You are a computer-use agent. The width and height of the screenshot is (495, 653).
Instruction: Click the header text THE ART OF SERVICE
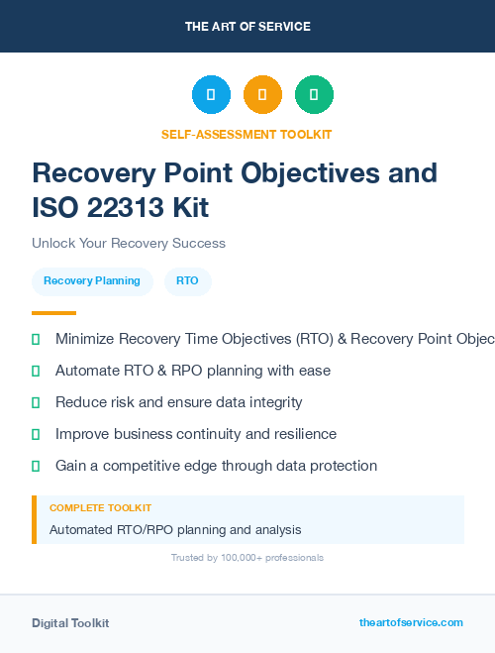247,27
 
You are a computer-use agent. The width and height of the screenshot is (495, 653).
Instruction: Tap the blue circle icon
211,95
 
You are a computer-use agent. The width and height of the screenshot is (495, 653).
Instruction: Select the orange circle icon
262,95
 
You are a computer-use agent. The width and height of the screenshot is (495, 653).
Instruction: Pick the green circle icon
314,95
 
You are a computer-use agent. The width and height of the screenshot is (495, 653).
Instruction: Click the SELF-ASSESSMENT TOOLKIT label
247,134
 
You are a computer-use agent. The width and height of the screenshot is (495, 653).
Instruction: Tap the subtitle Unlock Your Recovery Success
129,243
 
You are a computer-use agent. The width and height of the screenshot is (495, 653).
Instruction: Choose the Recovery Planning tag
92,281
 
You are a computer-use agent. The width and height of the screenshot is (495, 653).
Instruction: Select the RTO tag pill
187,281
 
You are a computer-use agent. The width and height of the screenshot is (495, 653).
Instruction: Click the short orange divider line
53,313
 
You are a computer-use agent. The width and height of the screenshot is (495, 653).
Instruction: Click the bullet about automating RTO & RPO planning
193,371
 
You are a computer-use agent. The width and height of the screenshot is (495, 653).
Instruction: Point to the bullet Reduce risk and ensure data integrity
178,402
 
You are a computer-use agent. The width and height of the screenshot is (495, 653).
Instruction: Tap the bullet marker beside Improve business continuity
36,434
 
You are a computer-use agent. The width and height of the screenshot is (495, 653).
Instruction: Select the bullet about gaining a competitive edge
216,466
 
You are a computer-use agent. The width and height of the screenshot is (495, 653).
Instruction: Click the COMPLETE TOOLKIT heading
100,507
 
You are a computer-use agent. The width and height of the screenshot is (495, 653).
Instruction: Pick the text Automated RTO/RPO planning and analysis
175,530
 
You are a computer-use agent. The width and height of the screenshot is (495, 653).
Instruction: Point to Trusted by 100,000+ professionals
247,558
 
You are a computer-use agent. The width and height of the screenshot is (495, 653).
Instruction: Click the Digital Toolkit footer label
70,623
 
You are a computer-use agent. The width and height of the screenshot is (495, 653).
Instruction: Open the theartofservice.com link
411,623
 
